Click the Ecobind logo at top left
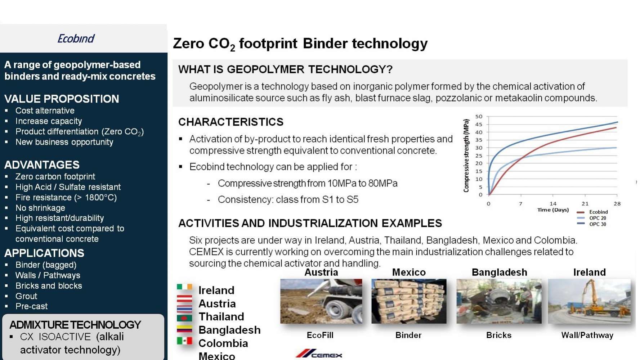pyautogui.click(x=76, y=39)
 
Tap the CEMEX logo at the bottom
pyautogui.click(x=319, y=354)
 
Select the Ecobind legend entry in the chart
pyautogui.click(x=592, y=212)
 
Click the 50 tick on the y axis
pyautogui.click(x=479, y=117)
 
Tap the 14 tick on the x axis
pyautogui.click(x=553, y=204)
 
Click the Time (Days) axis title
pyautogui.click(x=553, y=210)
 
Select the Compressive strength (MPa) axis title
pyautogui.click(x=466, y=156)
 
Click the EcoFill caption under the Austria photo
pyautogui.click(x=320, y=335)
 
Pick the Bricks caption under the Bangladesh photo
pyautogui.click(x=499, y=335)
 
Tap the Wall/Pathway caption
pyautogui.click(x=587, y=336)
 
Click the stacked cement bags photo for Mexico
pyautogui.click(x=409, y=301)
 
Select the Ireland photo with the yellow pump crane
pyautogui.click(x=589, y=301)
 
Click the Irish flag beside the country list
pyautogui.click(x=184, y=287)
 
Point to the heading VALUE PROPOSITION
pyautogui.click(x=62, y=99)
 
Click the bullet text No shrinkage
pyautogui.click(x=40, y=208)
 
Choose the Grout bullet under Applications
pyautogui.click(x=26, y=296)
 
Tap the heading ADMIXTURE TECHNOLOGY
pyautogui.click(x=75, y=325)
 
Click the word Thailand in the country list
pyautogui.click(x=221, y=316)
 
